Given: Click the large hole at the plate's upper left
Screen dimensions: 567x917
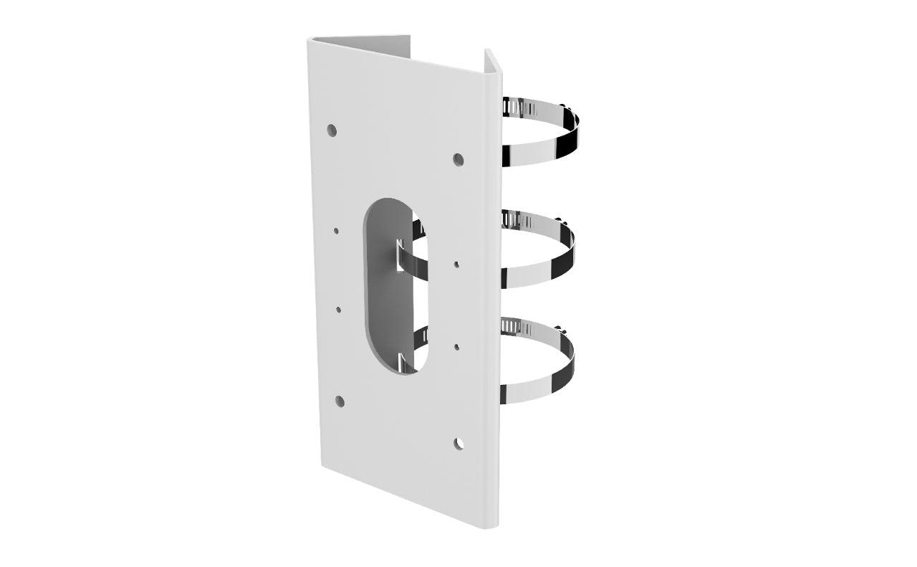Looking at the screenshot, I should point(332,130).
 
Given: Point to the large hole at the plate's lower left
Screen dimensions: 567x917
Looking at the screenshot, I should point(339,401).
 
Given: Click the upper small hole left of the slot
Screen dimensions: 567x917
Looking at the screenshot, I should point(336,231).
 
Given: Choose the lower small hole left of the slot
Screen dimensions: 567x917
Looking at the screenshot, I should point(338,310).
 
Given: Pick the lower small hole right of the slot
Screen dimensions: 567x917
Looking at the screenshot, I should point(457,348).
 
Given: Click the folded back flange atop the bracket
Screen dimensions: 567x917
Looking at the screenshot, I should point(358,43).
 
